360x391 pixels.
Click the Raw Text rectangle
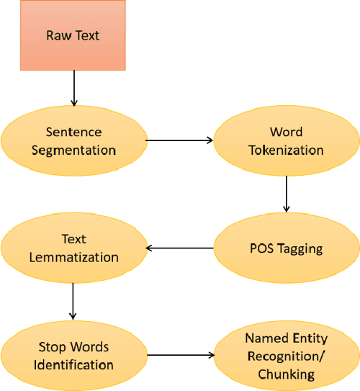coord(73,35)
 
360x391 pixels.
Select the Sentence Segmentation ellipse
coord(73,141)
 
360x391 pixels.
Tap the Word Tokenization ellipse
coord(287,141)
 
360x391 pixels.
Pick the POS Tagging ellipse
coord(287,248)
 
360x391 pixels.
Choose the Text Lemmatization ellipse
coord(72,248)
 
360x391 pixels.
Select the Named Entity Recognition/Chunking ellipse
coord(287,356)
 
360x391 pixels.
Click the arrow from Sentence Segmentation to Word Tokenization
coord(180,141)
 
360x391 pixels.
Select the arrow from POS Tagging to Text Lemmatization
coord(180,249)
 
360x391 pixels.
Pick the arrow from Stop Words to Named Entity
coord(180,355)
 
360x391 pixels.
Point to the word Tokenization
coord(287,150)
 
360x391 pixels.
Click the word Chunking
coord(287,374)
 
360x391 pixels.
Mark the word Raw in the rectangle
coord(58,35)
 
